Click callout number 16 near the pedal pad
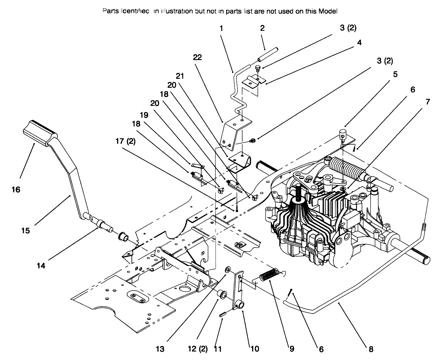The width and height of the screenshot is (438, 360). pos(16,189)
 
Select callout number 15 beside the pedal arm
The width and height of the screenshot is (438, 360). pos(26,230)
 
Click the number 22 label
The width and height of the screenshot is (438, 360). pos(197,57)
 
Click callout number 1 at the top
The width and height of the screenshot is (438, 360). pos(221,28)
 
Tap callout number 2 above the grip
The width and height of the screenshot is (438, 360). pos(262,28)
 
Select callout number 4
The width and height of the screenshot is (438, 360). pos(359,42)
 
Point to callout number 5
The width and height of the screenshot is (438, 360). pos(395,74)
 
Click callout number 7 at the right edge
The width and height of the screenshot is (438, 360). pos(427,102)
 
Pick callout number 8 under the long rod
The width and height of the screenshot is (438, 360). pos(371,349)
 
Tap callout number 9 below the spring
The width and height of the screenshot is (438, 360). pos(291,348)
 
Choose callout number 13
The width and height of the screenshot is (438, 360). pos(160,349)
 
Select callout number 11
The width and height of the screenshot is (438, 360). pos(218,349)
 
